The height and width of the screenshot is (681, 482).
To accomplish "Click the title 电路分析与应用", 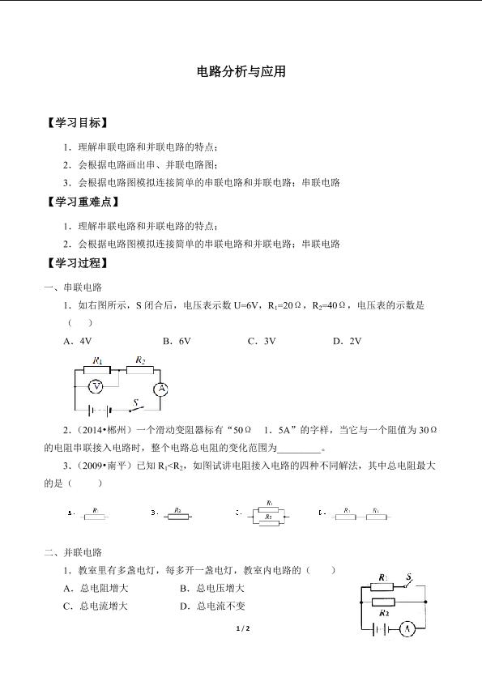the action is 241,72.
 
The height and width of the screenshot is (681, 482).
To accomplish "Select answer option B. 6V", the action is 177,342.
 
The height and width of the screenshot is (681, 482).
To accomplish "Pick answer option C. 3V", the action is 262,342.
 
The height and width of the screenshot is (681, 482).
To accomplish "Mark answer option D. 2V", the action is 347,342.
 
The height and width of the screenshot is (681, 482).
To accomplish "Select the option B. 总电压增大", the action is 211,588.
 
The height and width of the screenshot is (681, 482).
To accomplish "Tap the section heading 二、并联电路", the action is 73,553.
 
